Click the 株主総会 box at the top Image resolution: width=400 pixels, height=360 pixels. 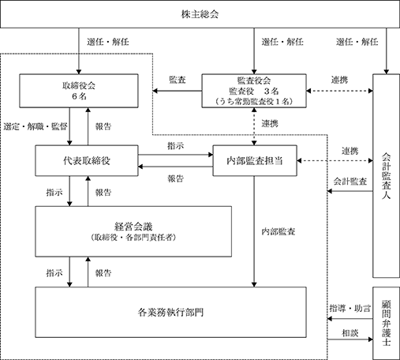(200, 14)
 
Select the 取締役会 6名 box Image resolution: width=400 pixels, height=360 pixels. (79, 91)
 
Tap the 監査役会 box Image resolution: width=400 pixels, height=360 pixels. (254, 91)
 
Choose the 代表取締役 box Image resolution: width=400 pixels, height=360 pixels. (87, 160)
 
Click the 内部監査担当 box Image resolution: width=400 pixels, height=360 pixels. (255, 160)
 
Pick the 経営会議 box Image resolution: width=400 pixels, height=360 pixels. (133, 231)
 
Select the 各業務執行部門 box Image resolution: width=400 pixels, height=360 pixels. (170, 312)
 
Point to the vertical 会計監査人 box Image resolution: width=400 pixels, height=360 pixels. (386, 176)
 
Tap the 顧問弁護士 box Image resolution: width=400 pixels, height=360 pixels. (386, 324)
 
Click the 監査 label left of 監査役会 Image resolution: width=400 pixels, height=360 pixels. (178, 80)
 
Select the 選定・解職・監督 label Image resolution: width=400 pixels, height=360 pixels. (36, 126)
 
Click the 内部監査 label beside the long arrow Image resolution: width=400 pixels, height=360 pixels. (279, 231)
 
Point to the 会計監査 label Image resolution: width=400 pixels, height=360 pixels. (350, 182)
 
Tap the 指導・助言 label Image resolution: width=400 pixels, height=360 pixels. (350, 308)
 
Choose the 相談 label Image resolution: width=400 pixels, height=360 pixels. (350, 333)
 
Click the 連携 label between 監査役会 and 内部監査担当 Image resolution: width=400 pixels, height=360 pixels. (270, 123)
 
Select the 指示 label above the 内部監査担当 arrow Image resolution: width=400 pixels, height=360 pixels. (176, 146)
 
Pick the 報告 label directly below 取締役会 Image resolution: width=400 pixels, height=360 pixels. (103, 126)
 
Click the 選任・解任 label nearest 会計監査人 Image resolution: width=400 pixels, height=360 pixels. (357, 42)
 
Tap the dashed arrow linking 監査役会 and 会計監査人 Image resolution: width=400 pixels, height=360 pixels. (339, 91)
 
